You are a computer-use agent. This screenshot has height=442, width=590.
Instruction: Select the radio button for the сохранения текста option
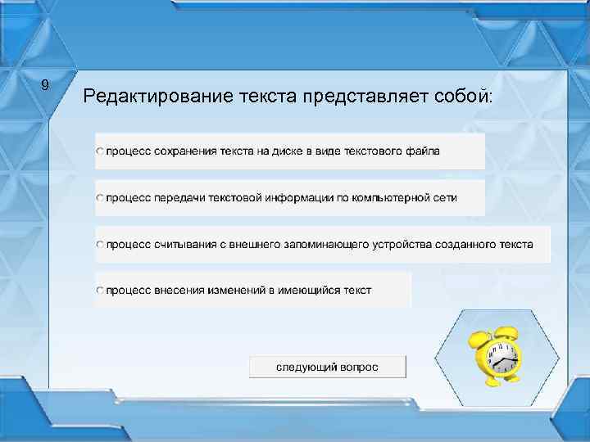pyautogui.click(x=100, y=152)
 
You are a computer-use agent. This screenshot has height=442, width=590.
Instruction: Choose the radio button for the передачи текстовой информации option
pyautogui.click(x=100, y=198)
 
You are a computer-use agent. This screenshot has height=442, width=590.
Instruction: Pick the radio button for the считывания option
pyautogui.click(x=100, y=245)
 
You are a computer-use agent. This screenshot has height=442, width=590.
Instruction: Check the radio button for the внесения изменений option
pyautogui.click(x=100, y=291)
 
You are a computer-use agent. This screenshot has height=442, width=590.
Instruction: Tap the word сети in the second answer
pyautogui.click(x=447, y=197)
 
